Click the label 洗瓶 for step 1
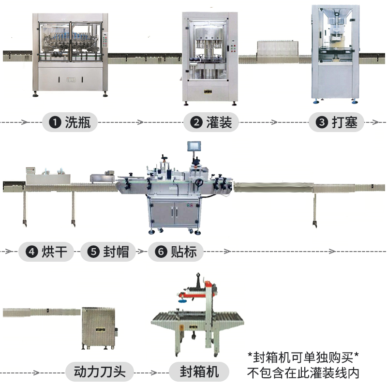[77, 122]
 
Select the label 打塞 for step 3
[344, 122]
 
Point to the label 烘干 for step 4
[54, 252]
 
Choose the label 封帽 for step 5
[116, 252]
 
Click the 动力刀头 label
[100, 372]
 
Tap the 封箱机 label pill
[199, 372]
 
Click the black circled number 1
[57, 122]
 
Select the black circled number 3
[321, 122]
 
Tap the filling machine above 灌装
[210, 56]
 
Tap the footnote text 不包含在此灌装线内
[303, 373]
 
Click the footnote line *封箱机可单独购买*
[303, 357]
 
